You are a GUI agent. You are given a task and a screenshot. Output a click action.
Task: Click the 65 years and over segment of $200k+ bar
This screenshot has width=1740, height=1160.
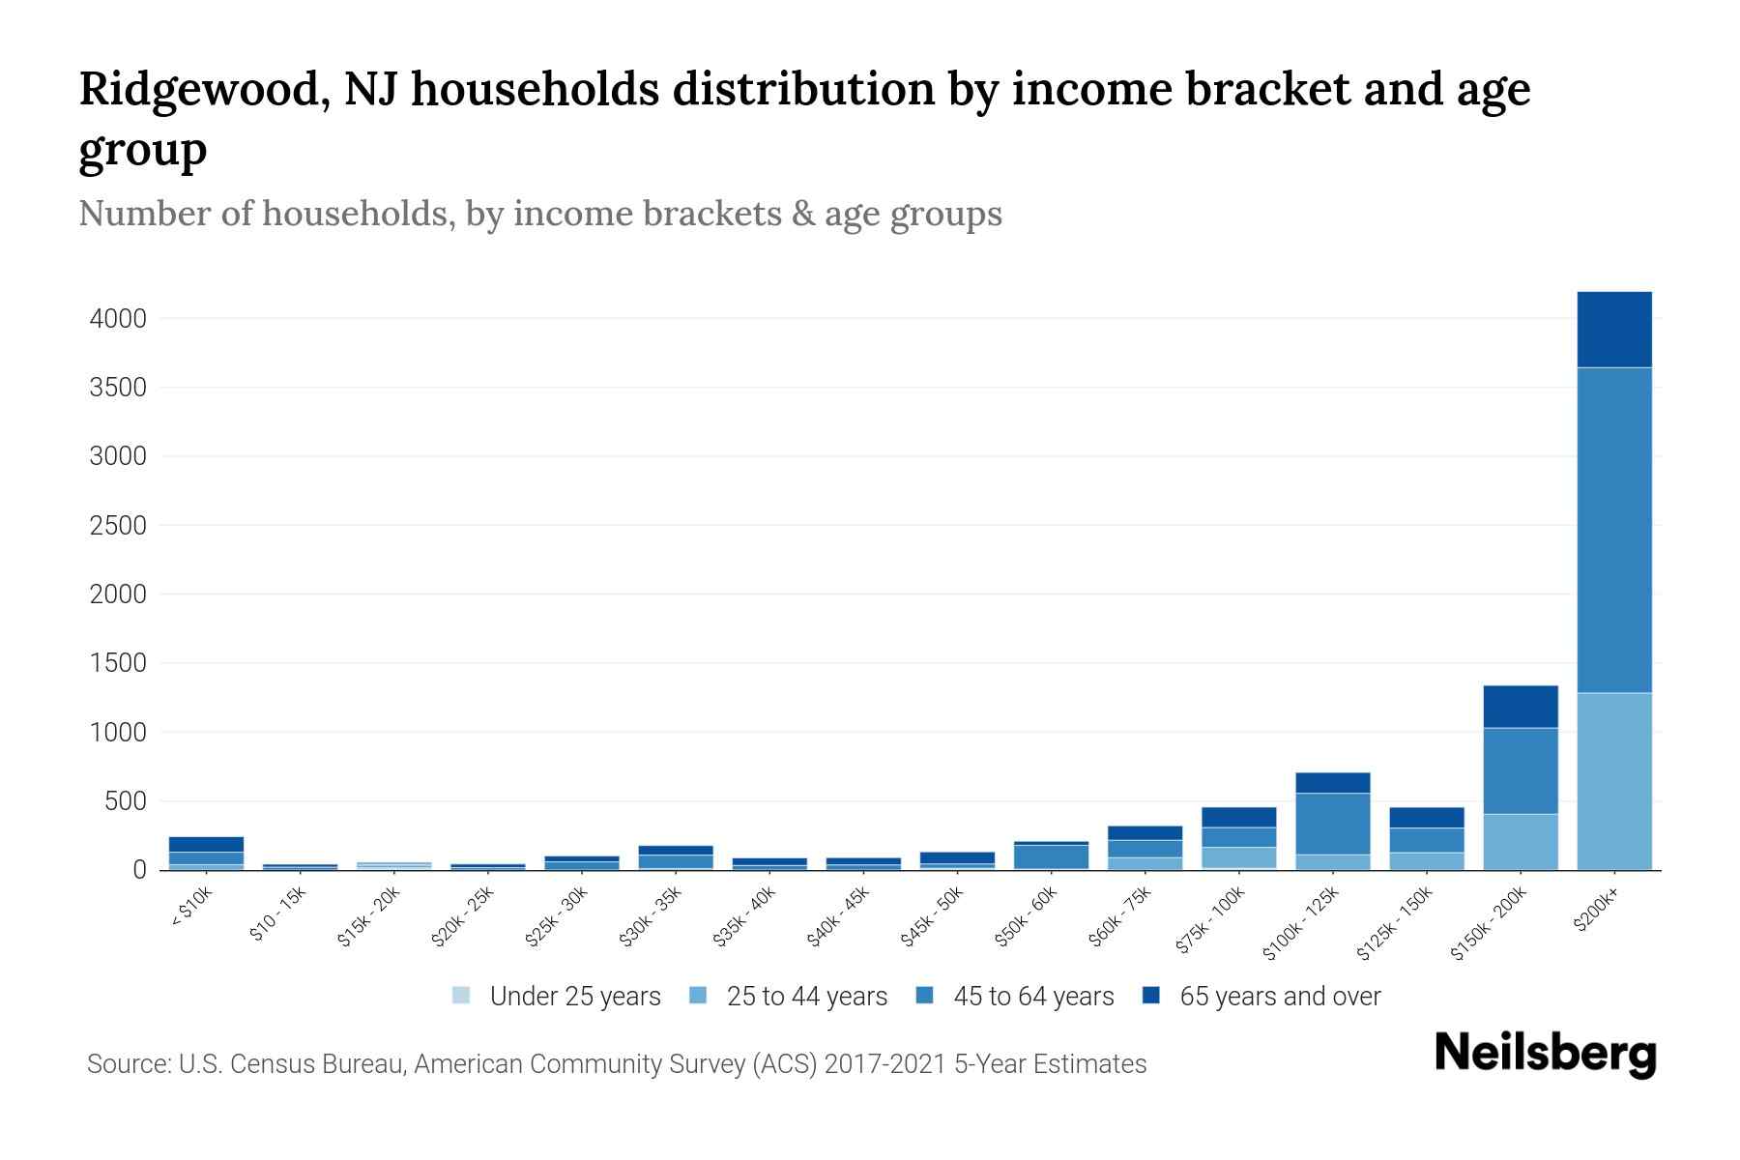[x=1613, y=329]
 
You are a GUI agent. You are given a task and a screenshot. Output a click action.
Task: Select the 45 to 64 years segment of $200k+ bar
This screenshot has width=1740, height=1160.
[x=1613, y=530]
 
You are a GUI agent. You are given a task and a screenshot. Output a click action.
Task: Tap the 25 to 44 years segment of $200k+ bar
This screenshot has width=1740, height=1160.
[x=1613, y=781]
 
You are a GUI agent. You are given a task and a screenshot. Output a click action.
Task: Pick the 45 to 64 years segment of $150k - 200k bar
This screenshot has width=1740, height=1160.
[x=1520, y=770]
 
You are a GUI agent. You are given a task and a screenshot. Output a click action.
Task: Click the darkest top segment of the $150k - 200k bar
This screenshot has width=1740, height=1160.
[x=1520, y=707]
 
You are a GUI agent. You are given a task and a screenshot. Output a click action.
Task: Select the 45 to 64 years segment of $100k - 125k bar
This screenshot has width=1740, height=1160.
[x=1332, y=824]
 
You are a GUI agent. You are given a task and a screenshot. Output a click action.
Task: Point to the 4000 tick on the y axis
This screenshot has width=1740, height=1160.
[x=118, y=319]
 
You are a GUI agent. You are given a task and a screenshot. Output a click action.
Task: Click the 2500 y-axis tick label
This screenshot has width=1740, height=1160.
[x=118, y=526]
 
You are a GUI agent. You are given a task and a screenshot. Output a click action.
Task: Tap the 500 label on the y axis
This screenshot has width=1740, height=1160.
[x=126, y=801]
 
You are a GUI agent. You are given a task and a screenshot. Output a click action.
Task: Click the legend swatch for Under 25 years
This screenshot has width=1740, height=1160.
[x=461, y=996]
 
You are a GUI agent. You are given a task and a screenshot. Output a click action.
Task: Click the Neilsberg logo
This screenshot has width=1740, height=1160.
[x=1545, y=1054]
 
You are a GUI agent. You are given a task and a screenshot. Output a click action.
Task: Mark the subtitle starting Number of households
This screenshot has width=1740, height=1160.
[x=539, y=214]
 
